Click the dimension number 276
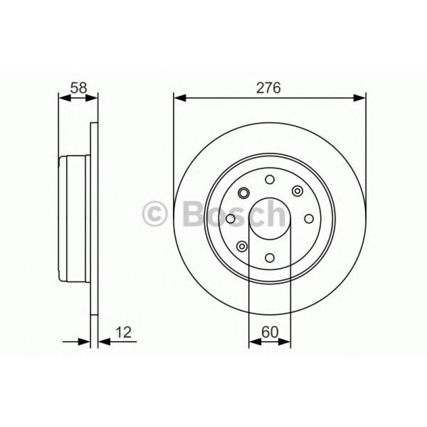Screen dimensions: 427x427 tap(269, 88)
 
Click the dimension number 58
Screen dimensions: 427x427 tap(79, 88)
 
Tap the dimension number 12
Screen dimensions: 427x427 tap(123, 333)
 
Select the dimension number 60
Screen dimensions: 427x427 tap(269, 333)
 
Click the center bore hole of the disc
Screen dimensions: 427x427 tap(269, 218)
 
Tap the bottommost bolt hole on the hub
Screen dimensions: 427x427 tap(269, 258)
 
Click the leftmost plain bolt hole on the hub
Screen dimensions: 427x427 tap(230, 219)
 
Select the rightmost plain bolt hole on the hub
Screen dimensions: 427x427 tap(309, 219)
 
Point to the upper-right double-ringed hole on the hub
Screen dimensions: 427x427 tap(296, 191)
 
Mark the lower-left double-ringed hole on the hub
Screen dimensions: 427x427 tap(242, 246)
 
